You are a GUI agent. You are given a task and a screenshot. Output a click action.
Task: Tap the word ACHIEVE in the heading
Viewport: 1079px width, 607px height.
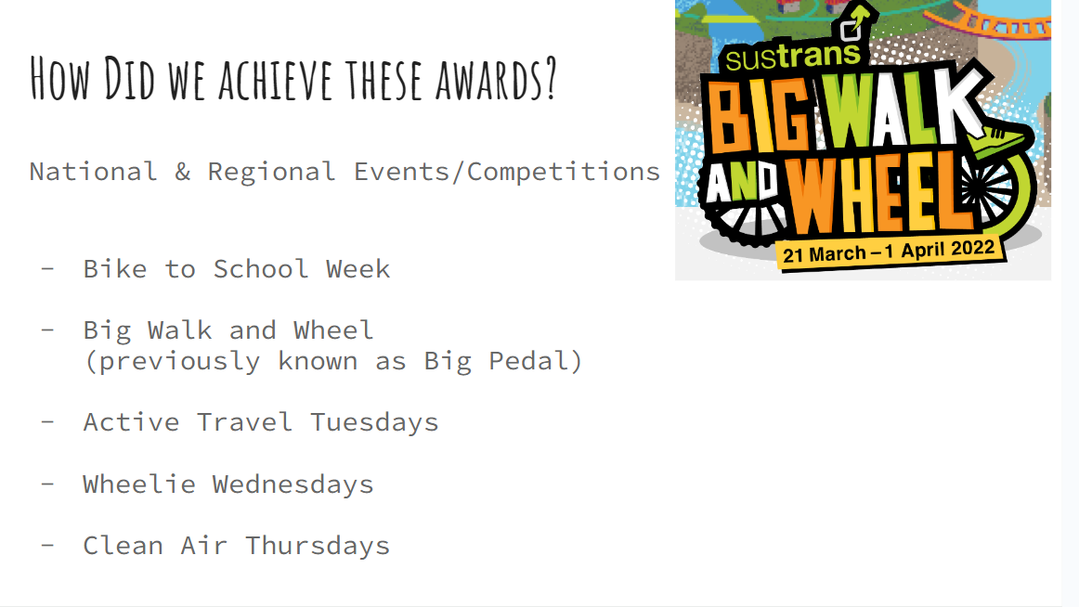tap(278, 80)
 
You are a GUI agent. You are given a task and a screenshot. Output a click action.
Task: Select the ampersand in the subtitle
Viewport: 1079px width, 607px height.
tap(182, 172)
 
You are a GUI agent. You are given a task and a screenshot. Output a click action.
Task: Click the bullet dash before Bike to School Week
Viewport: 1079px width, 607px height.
tap(47, 269)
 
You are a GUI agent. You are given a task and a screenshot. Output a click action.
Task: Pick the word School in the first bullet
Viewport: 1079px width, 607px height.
tap(261, 269)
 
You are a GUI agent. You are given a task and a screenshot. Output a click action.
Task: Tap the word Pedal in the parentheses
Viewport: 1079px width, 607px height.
tap(527, 361)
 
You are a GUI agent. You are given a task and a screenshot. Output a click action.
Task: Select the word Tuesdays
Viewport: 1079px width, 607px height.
tap(374, 423)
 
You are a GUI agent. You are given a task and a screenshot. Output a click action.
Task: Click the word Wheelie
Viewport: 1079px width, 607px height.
tap(139, 484)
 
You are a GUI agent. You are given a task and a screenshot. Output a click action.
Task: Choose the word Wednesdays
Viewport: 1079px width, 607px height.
tap(292, 484)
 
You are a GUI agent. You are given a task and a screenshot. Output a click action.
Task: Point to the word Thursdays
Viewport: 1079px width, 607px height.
tap(318, 546)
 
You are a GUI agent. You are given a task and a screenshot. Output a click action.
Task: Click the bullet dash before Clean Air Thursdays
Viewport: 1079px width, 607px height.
tap(47, 545)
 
